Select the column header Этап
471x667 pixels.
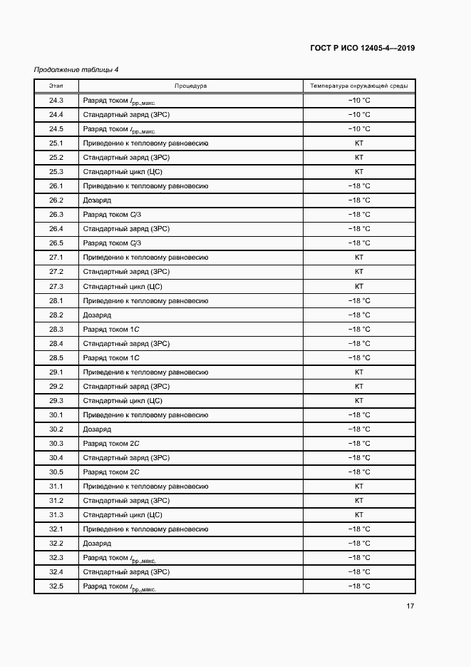pos(56,86)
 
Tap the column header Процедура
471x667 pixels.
pos(190,86)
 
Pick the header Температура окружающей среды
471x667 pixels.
pos(358,86)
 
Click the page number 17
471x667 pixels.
pos(410,606)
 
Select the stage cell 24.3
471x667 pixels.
pos(56,100)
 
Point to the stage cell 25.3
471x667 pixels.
pos(56,172)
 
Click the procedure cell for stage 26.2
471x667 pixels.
pos(97,200)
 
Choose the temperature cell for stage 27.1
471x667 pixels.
pos(358,258)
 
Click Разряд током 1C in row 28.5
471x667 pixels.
pos(110,357)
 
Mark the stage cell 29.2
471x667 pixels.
pos(56,386)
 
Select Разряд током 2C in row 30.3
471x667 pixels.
pos(110,443)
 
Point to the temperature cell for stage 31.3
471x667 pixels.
pos(358,514)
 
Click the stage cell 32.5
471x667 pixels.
pos(56,586)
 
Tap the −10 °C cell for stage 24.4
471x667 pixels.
pos(358,114)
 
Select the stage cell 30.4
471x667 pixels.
pos(56,457)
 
